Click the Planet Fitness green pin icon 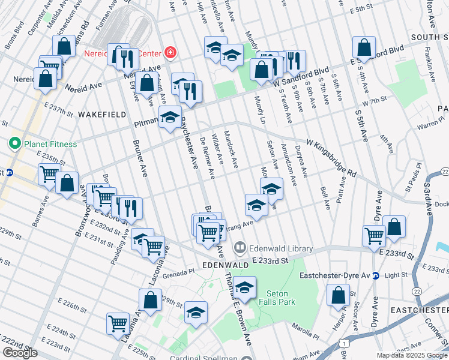coord(14,144)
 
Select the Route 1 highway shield coord(344,343)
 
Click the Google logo coord(20,353)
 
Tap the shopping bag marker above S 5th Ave coord(364,47)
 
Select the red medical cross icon coord(170,53)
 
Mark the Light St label coord(396,276)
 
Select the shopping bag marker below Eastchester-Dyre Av coord(338,295)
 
